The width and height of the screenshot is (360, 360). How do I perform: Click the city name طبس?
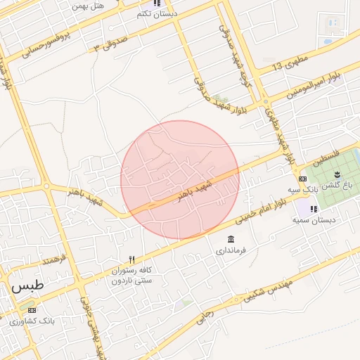pyautogui.click(x=27, y=287)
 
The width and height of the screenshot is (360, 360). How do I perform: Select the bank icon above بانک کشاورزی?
pyautogui.click(x=31, y=310)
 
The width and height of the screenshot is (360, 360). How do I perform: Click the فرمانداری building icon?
pyautogui.click(x=231, y=239)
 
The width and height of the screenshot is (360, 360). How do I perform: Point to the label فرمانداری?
pyautogui.click(x=231, y=250)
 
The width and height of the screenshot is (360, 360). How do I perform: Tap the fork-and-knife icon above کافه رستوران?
pyautogui.click(x=131, y=260)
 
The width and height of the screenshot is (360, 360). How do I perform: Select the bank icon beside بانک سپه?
pyautogui.click(x=302, y=179)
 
